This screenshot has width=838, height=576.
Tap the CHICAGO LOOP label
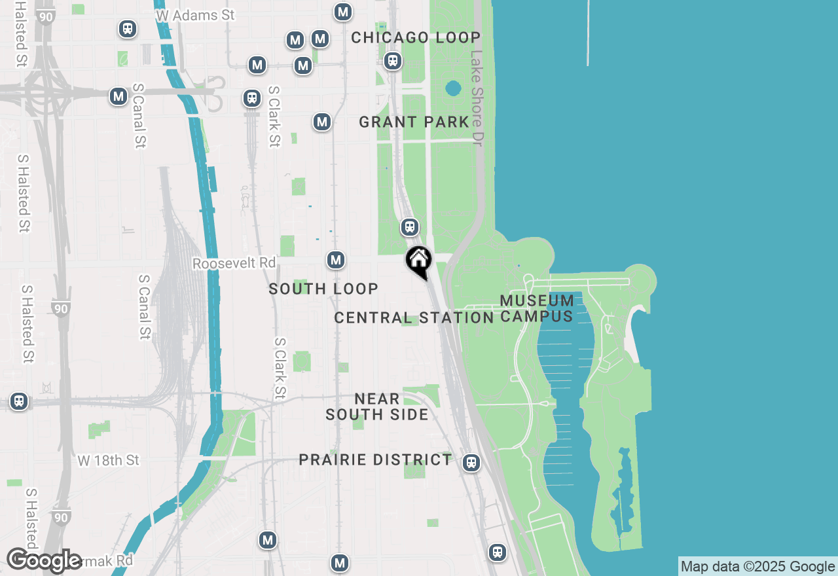[x=416, y=37]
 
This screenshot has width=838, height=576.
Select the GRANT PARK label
[x=414, y=122]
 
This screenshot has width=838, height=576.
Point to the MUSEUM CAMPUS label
[x=537, y=308]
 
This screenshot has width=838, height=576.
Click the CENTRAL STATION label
[x=414, y=318]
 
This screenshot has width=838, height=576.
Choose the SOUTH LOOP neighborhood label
[x=323, y=289]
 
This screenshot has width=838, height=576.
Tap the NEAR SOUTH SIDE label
[x=377, y=406]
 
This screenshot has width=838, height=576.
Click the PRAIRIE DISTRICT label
[x=375, y=459]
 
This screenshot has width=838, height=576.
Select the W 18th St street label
[x=108, y=461]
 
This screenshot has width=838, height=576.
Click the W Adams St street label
[x=195, y=14]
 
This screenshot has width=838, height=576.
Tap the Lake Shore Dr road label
[x=476, y=98]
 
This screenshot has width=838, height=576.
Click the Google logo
[x=44, y=561]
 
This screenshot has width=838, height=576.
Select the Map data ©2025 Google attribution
[x=757, y=567]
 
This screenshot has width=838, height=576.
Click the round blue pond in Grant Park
[x=453, y=88]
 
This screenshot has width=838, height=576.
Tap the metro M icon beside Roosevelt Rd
[x=336, y=260]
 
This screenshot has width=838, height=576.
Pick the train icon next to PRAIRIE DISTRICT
[x=471, y=463]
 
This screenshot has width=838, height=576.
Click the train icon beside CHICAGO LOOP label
[x=393, y=62]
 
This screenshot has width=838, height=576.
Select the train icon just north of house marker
[x=410, y=227]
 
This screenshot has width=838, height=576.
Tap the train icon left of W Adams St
[x=128, y=29]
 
